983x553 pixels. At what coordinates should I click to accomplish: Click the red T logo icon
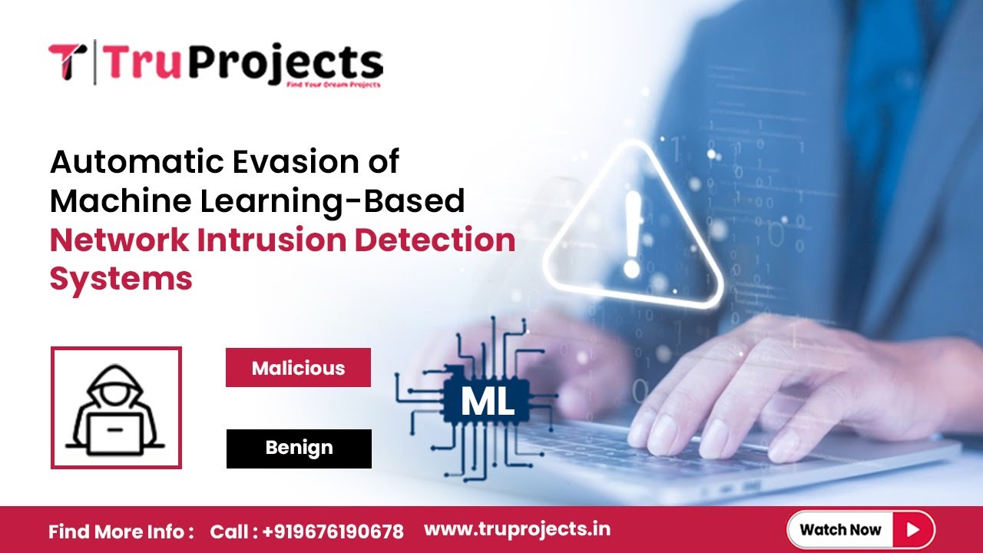coord(67,61)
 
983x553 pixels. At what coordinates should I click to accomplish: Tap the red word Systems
coord(121,278)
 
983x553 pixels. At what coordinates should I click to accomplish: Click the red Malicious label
coord(298,368)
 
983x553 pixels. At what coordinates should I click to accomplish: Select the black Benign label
coord(299,448)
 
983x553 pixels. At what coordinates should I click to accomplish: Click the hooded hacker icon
coord(115,408)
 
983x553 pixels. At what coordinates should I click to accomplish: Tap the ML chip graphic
coord(487,401)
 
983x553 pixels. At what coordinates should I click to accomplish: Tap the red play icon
coord(912,529)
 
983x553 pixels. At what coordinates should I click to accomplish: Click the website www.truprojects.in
coord(517,529)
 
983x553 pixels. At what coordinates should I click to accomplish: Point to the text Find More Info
coord(121,531)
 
